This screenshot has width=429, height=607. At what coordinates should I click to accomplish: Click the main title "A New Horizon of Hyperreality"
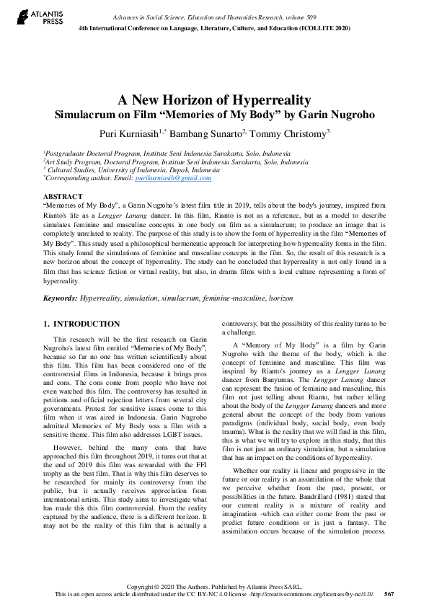click(214, 99)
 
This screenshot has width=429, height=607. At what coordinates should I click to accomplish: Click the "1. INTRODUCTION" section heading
click(81, 324)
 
